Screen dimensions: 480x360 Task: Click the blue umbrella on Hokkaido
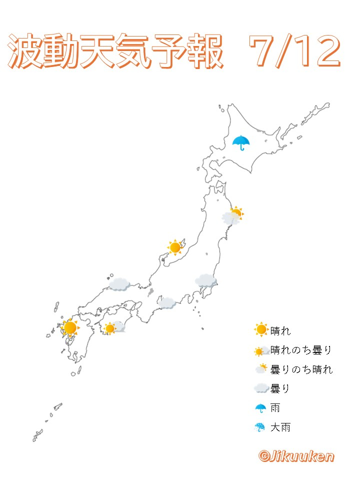point(241,142)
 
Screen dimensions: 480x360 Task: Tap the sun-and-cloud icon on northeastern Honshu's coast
point(232,216)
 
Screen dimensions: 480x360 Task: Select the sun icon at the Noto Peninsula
point(175,247)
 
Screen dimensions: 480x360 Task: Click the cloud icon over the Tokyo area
point(205,280)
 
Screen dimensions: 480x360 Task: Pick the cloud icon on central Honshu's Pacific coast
point(166,303)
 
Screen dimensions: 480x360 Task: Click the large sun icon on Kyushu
point(70,328)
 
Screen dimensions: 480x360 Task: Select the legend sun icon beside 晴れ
point(261,330)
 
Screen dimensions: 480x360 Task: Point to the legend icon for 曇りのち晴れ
point(261,369)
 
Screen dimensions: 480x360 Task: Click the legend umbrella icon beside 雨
point(260,408)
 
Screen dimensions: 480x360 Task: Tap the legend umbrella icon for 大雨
point(260,427)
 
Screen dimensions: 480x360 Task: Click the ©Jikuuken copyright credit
point(296,456)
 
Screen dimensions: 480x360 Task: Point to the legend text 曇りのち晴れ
point(301,369)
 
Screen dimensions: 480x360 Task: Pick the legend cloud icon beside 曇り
point(261,388)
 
